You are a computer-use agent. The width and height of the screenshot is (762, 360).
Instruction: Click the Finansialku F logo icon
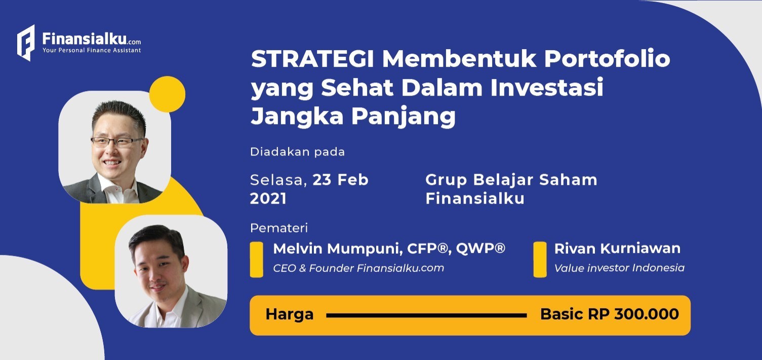(26, 43)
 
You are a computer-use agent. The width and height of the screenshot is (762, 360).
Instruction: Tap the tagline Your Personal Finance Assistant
(92, 50)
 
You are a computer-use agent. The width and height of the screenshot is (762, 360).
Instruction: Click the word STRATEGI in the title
(312, 59)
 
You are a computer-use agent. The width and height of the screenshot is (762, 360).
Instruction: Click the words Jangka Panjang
(353, 117)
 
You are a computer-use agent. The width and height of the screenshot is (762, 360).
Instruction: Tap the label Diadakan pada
(298, 152)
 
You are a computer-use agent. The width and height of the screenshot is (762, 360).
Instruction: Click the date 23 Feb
(341, 180)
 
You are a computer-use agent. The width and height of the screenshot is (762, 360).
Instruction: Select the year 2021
(268, 198)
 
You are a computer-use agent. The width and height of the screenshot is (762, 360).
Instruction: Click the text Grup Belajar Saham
(511, 180)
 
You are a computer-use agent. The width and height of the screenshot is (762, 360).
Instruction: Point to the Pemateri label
(279, 228)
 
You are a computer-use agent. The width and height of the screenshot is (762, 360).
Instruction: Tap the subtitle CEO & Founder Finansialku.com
(358, 268)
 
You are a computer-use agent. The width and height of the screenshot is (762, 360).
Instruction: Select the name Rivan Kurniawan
(617, 249)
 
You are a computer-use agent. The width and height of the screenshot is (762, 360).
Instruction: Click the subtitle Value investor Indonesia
(619, 268)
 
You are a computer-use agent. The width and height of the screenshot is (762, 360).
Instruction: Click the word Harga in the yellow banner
(290, 314)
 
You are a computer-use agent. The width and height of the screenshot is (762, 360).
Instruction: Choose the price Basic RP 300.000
(610, 314)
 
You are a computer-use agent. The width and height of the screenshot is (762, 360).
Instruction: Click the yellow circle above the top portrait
(168, 94)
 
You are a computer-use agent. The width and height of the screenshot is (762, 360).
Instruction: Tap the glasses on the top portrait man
(116, 142)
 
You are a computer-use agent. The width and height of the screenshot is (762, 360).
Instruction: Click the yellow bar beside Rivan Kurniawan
(540, 260)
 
